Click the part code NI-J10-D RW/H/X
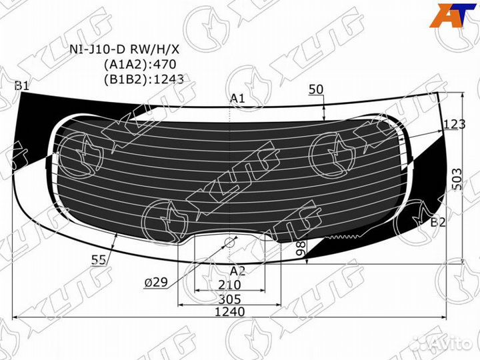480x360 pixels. (125, 49)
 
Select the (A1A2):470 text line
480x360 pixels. (140, 64)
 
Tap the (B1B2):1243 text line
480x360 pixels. (144, 79)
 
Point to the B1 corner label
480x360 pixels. (21, 86)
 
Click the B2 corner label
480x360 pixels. (438, 223)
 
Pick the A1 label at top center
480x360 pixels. (237, 98)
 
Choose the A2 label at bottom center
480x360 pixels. (237, 271)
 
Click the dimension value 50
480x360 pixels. (316, 89)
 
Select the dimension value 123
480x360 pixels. (454, 124)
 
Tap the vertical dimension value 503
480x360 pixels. (457, 179)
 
